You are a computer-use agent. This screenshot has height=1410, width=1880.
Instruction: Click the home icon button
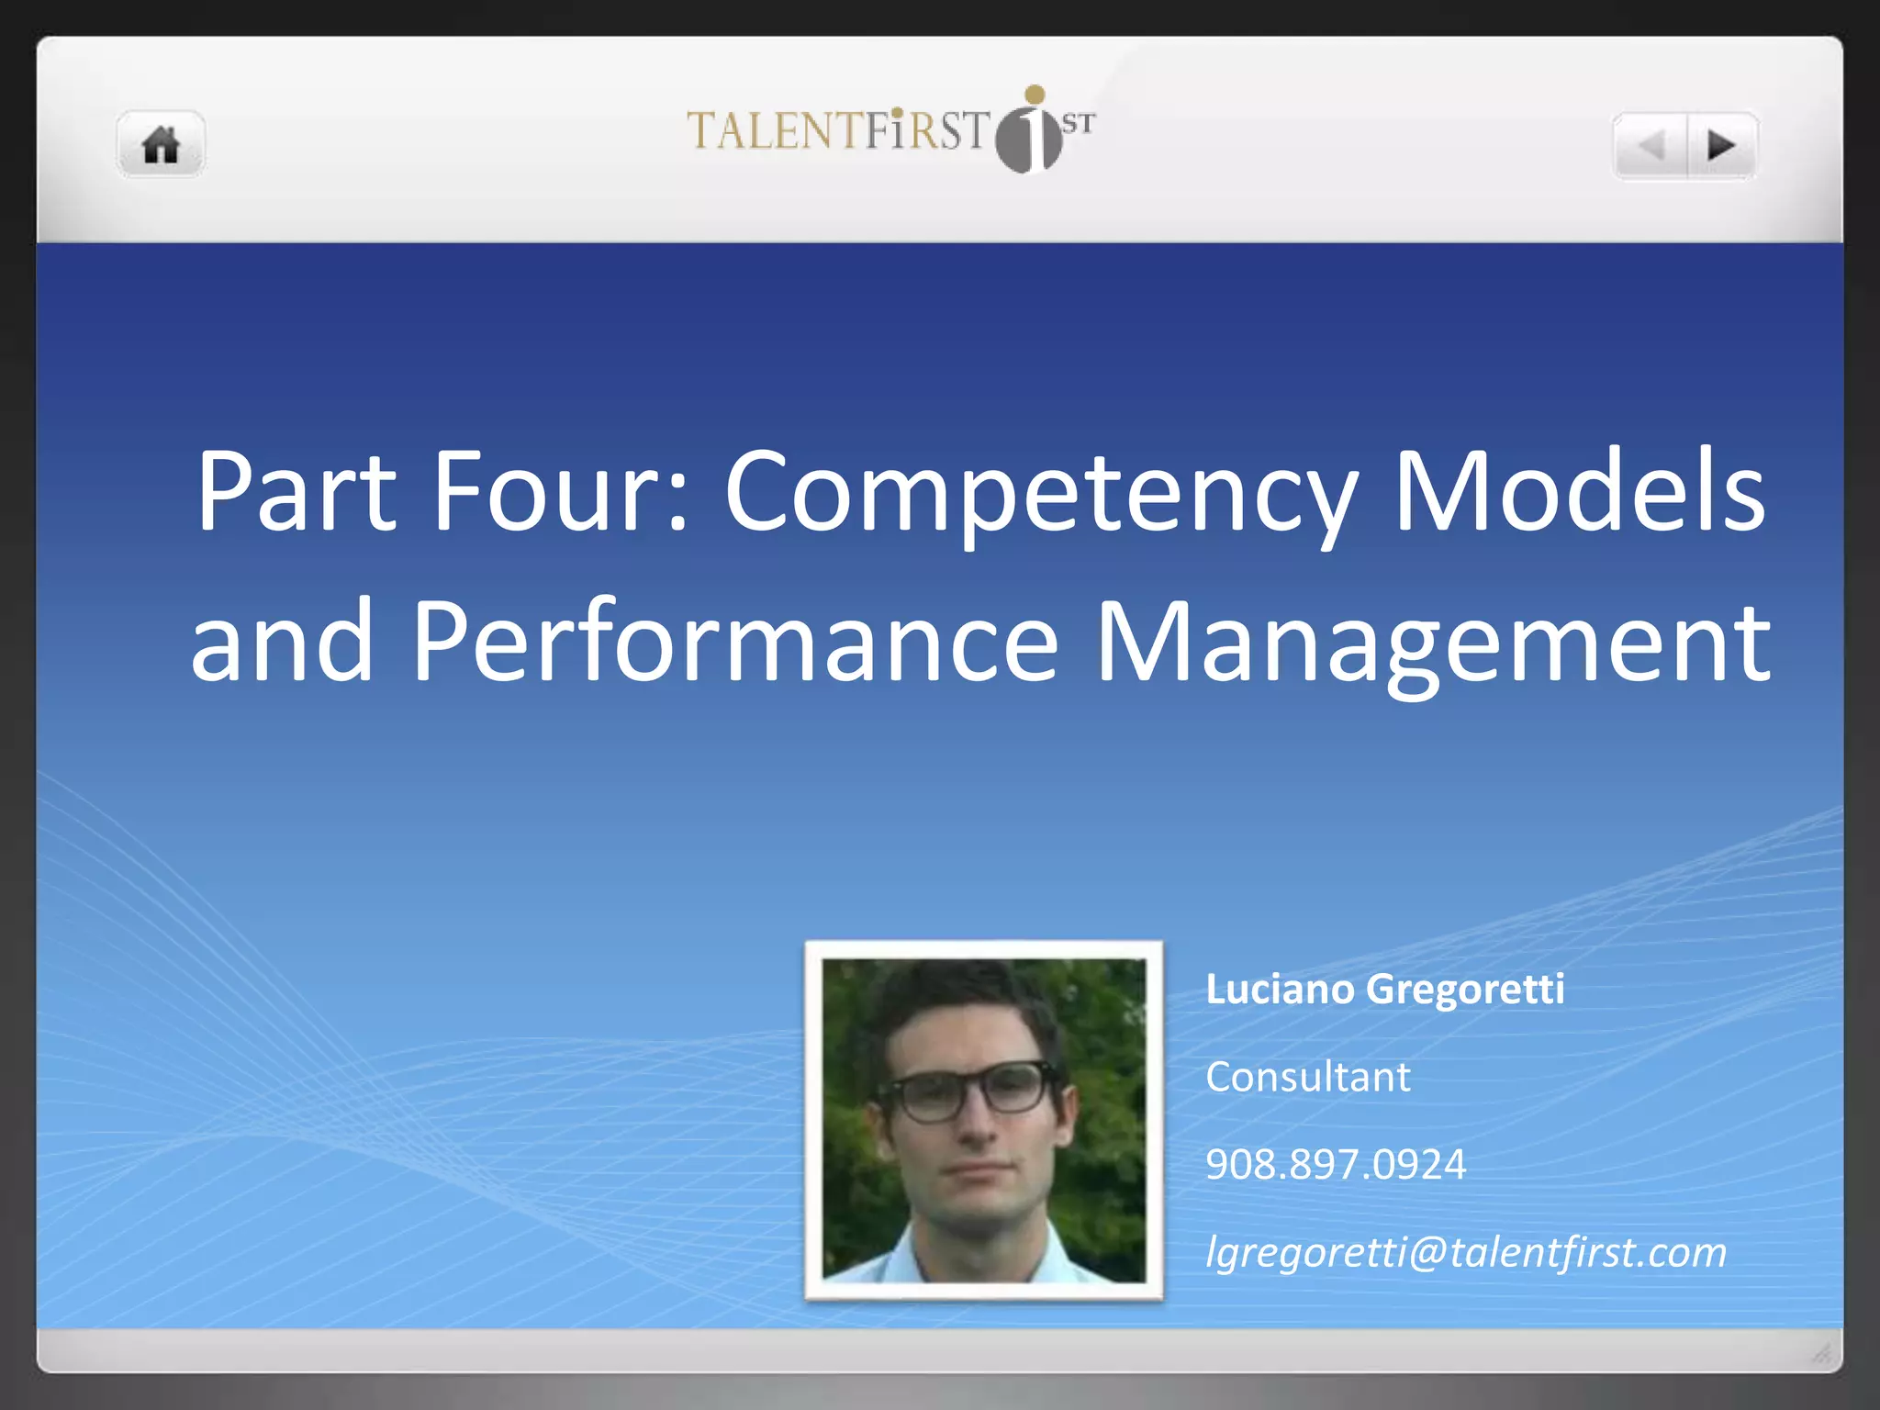pos(161,145)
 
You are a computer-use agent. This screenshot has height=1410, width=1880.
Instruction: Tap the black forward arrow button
pos(1721,145)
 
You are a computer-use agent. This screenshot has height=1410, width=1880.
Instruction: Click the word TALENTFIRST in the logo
pos(837,130)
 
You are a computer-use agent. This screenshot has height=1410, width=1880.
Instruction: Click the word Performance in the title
pos(734,643)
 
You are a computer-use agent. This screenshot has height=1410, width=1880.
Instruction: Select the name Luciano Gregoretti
pos(1384,990)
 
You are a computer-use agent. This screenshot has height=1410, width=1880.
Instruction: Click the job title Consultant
pos(1307,1077)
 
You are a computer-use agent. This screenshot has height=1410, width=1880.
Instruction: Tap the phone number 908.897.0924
pos(1336,1164)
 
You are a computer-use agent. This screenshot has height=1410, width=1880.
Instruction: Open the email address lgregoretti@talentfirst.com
pos(1466,1252)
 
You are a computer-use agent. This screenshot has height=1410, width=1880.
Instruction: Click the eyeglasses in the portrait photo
pos(973,1091)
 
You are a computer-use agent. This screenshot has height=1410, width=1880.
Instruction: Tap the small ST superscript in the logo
pos(1079,123)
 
